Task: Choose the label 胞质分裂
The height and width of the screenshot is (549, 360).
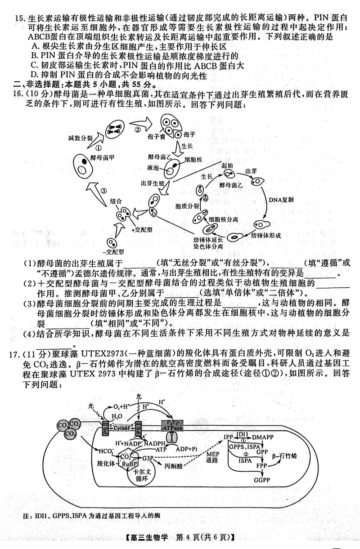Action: [x=184, y=206]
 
